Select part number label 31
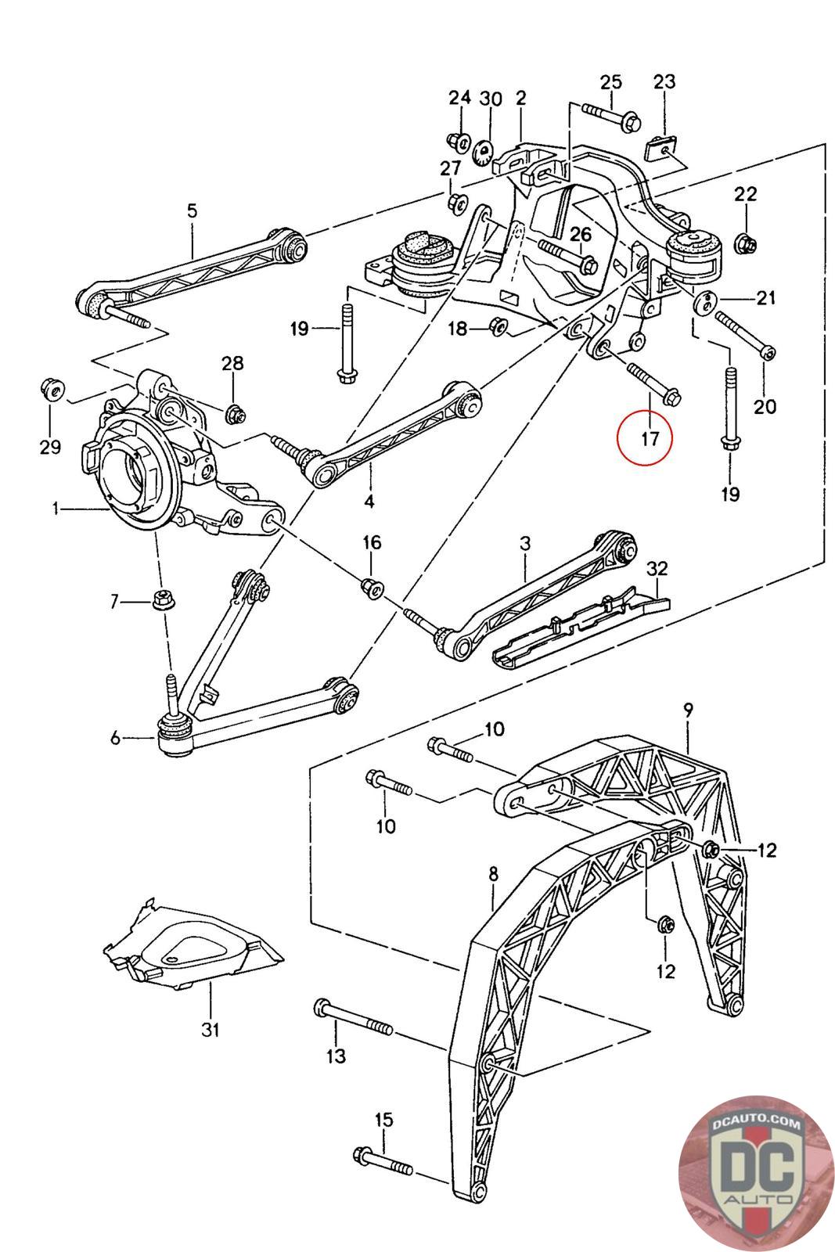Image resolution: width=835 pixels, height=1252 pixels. pyautogui.click(x=210, y=1030)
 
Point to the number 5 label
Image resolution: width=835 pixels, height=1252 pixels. pyautogui.click(x=192, y=210)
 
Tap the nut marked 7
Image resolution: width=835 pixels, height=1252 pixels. pyautogui.click(x=164, y=602)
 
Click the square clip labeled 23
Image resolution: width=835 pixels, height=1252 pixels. pyautogui.click(x=661, y=146)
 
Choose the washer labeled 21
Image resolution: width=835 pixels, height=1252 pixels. pyautogui.click(x=704, y=300)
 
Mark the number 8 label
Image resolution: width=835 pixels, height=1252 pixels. pyautogui.click(x=492, y=874)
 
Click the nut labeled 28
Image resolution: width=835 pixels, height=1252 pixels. pyautogui.click(x=232, y=413)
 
